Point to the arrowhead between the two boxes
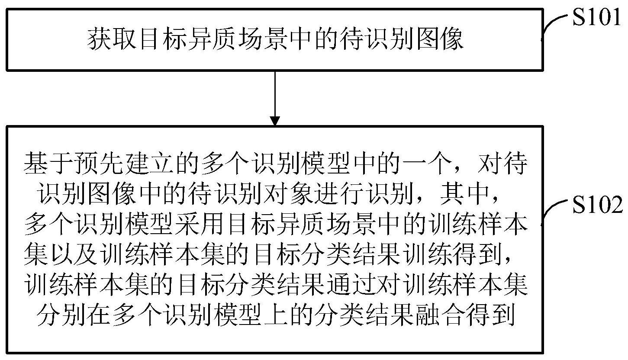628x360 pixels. [x=274, y=120]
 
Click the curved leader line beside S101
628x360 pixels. [x=554, y=26]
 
